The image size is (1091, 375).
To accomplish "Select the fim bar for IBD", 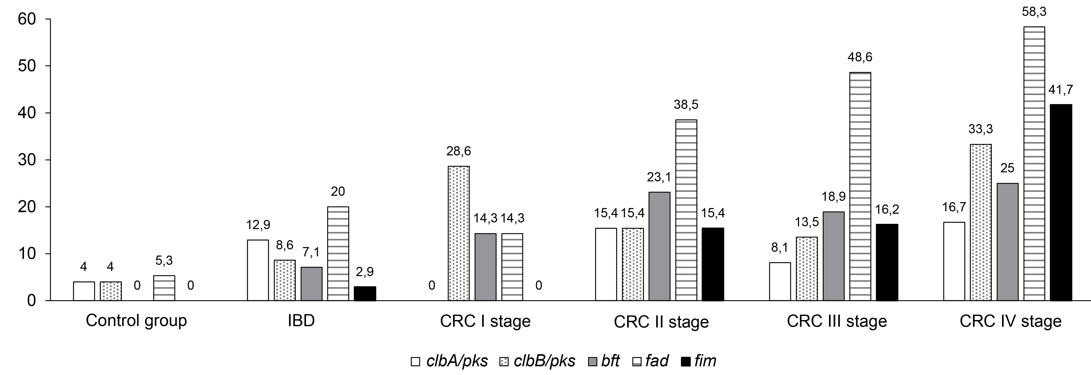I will [365, 294].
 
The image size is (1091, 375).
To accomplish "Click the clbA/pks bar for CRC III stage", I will [780, 282].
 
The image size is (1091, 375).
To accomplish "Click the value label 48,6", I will [860, 57].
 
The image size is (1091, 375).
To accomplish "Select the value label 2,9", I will [365, 272].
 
